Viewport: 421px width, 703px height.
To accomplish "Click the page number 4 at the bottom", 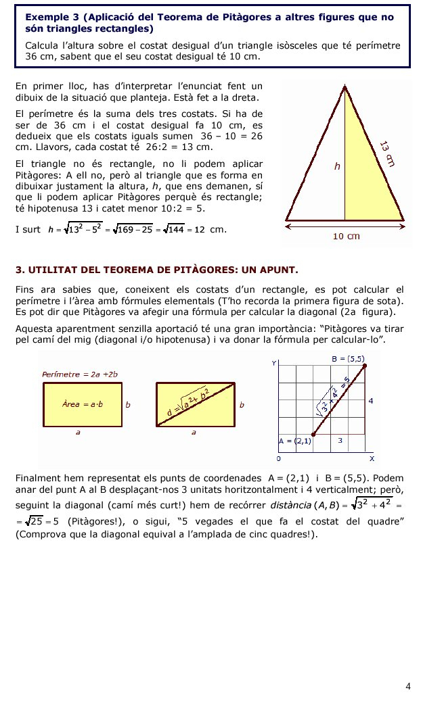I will pos(407,687).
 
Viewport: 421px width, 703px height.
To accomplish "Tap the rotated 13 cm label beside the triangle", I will pos(386,153).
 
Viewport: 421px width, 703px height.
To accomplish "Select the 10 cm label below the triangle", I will pos(346,236).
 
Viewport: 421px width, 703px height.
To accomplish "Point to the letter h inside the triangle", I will pos(336,166).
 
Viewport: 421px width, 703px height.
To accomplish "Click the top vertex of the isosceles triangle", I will pos(345,87).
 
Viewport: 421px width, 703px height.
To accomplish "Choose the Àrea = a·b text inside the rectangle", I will pos(82,404).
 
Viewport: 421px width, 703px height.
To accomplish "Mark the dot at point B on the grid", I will pos(365,366).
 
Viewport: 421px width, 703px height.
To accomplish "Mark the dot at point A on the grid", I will pos(313,435).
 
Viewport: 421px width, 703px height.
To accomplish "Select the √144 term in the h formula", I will pos(177,230).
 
